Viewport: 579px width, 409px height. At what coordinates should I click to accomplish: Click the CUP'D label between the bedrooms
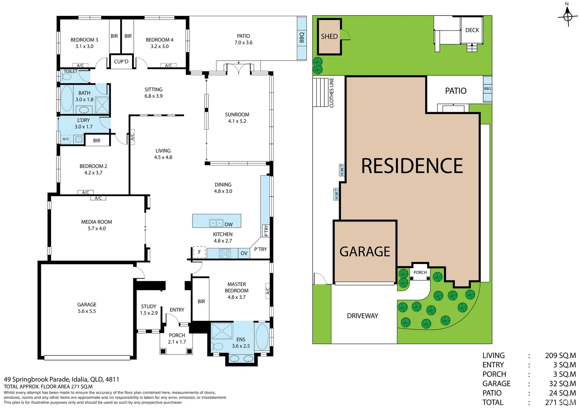click(121, 61)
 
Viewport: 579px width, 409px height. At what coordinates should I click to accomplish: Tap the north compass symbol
click(568, 16)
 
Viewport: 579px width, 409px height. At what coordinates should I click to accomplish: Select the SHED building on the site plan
click(329, 36)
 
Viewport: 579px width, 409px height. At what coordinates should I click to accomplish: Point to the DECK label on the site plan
click(472, 30)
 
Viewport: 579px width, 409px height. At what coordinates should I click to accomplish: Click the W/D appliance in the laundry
click(66, 139)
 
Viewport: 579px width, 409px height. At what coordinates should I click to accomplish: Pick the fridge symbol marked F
click(199, 252)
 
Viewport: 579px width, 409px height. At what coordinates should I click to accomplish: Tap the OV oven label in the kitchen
click(244, 253)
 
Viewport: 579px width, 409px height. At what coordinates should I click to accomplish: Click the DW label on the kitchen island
click(228, 225)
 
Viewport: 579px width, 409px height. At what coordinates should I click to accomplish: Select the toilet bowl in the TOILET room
click(67, 77)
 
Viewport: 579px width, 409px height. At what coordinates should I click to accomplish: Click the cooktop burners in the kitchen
click(225, 253)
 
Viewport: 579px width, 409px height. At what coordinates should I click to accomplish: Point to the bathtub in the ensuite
click(262, 337)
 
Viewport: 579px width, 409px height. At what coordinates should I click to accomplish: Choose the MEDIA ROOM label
click(96, 222)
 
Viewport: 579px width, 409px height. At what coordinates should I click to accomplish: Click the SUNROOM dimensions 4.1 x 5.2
click(237, 121)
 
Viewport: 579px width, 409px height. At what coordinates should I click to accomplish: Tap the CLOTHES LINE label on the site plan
click(332, 92)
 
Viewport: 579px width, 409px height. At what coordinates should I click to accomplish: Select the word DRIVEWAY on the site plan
click(362, 316)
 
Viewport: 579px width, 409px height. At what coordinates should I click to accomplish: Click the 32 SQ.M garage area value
click(562, 383)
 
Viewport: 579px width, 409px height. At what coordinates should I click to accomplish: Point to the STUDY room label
click(149, 306)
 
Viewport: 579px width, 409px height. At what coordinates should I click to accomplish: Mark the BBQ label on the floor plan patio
click(302, 37)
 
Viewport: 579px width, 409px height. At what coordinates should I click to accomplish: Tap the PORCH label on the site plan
click(420, 272)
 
